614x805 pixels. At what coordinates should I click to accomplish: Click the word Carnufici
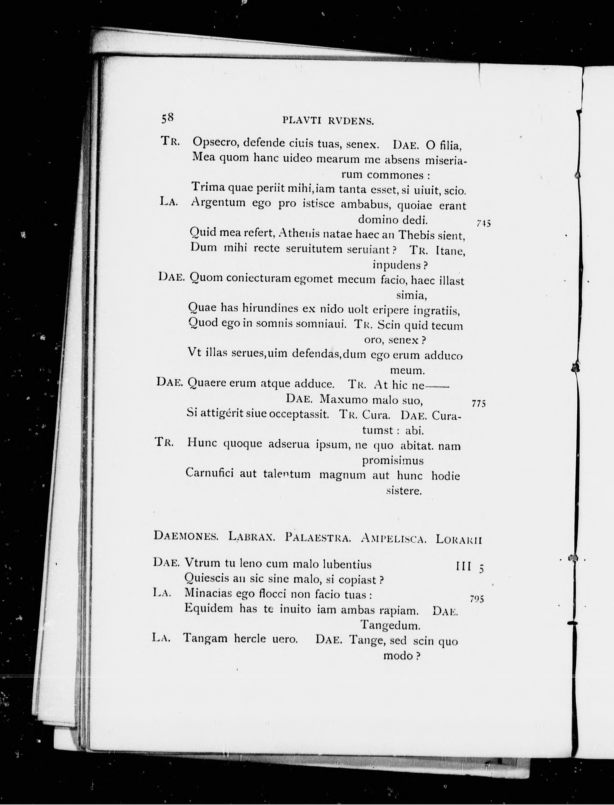pos(209,473)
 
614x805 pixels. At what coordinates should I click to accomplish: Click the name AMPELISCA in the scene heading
pos(393,538)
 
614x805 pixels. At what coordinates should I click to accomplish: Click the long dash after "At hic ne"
pos(437,385)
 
